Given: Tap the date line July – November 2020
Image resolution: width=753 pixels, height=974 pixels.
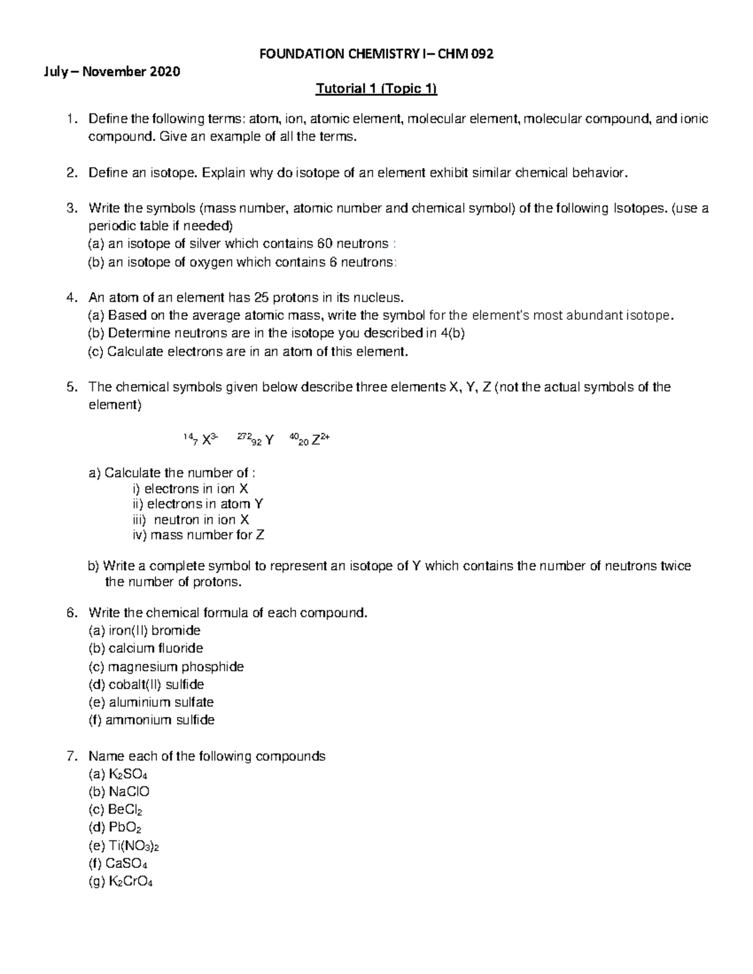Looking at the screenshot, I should click(111, 71).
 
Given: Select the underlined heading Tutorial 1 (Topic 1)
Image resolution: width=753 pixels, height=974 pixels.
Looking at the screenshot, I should click(376, 89).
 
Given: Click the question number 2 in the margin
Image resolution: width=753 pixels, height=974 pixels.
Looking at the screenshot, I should click(72, 173).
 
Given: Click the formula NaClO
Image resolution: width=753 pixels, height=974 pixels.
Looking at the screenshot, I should click(129, 792).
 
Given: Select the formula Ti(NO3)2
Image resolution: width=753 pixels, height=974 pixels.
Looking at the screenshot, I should click(134, 846).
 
